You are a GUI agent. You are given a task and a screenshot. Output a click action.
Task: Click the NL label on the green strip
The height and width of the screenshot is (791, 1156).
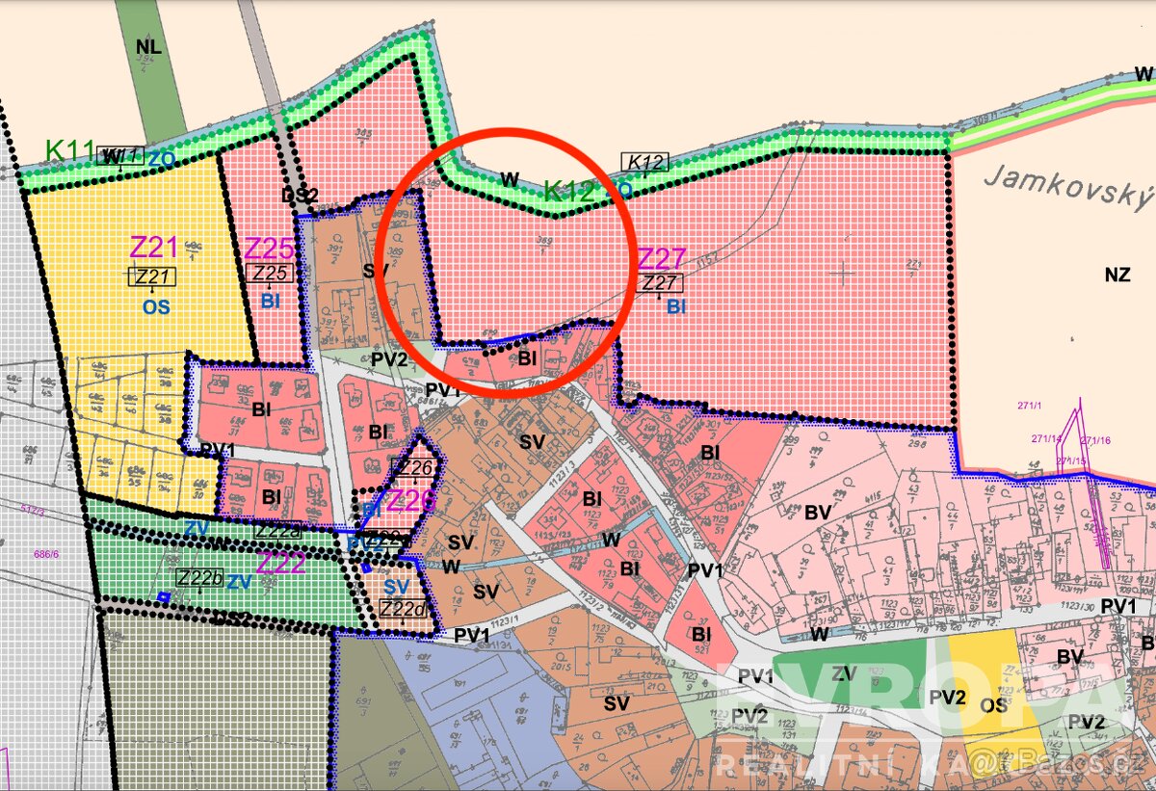(x=148, y=46)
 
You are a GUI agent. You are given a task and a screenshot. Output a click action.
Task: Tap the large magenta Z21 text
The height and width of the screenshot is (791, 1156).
(x=154, y=247)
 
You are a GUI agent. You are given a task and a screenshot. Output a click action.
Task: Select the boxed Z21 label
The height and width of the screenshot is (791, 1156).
(x=153, y=277)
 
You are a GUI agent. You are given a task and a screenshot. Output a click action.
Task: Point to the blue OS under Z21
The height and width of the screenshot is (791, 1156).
(x=153, y=306)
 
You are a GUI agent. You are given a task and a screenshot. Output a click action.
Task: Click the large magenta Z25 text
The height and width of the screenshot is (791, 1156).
(x=269, y=248)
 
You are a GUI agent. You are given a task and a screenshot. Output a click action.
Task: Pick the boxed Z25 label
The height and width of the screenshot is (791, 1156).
(x=271, y=273)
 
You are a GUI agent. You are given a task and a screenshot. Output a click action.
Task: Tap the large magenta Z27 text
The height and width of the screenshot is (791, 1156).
(x=662, y=258)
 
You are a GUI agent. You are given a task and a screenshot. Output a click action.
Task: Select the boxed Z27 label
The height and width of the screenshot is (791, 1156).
(x=660, y=282)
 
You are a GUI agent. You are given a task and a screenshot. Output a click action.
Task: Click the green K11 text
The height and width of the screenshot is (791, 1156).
(x=69, y=150)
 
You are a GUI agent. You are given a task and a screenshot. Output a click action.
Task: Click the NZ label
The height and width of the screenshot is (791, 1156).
(x=1117, y=275)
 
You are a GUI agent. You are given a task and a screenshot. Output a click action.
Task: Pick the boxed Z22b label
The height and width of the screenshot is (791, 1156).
(x=200, y=577)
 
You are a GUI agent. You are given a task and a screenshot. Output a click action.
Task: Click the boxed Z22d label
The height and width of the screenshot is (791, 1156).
(x=404, y=609)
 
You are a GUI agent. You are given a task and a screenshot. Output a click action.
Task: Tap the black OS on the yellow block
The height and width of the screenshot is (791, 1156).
(x=993, y=705)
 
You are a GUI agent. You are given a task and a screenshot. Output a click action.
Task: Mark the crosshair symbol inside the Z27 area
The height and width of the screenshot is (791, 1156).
(x=843, y=274)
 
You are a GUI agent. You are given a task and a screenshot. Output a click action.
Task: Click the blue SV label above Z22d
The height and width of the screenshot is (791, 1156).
(x=397, y=587)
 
